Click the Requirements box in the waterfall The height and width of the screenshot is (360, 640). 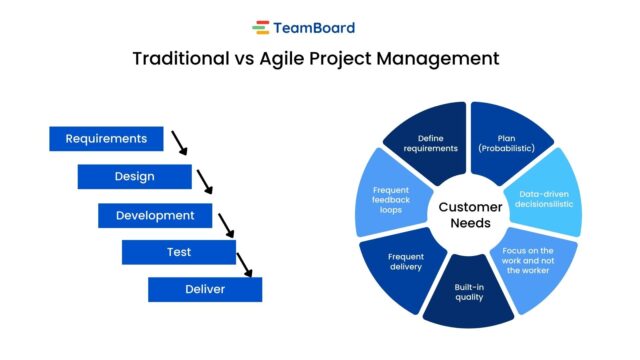click(106, 139)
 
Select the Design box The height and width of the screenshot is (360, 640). click(134, 177)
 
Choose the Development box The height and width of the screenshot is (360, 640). click(154, 215)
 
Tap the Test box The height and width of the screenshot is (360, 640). click(178, 252)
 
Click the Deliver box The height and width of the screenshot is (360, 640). click(204, 289)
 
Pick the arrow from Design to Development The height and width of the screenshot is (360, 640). click(205, 181)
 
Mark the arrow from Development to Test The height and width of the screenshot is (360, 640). click(227, 221)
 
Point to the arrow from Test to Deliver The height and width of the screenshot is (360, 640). click(245, 263)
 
